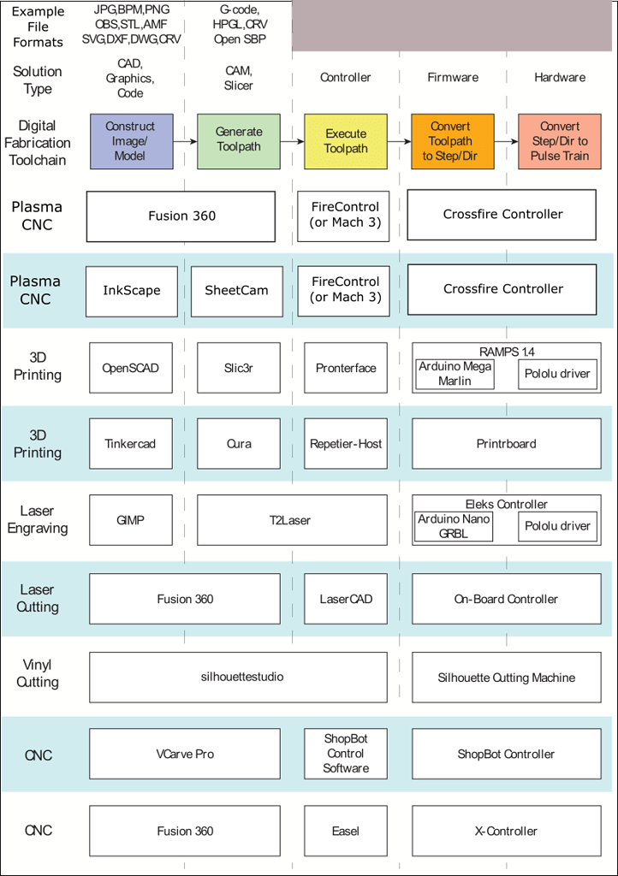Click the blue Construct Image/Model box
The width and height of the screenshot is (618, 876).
131,141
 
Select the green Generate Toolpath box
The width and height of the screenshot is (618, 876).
239,141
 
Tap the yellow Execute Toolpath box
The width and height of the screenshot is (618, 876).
346,141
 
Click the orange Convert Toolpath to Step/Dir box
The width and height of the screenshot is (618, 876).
450,141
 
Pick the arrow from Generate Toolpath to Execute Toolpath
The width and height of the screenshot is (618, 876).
292,141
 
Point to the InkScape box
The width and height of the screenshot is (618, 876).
131,291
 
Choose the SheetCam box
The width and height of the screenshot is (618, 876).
236,291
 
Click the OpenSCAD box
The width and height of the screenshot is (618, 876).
131,369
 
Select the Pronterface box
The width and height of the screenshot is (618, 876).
345,369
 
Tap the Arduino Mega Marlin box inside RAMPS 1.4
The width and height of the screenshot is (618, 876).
455,374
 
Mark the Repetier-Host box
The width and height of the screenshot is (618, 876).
345,444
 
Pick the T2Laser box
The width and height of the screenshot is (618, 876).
291,519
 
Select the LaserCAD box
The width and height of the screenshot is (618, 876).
345,599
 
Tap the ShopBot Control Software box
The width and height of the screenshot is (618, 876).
345,754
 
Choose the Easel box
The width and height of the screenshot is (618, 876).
345,831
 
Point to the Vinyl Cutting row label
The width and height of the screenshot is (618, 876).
38,674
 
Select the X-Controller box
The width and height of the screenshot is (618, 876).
505,831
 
